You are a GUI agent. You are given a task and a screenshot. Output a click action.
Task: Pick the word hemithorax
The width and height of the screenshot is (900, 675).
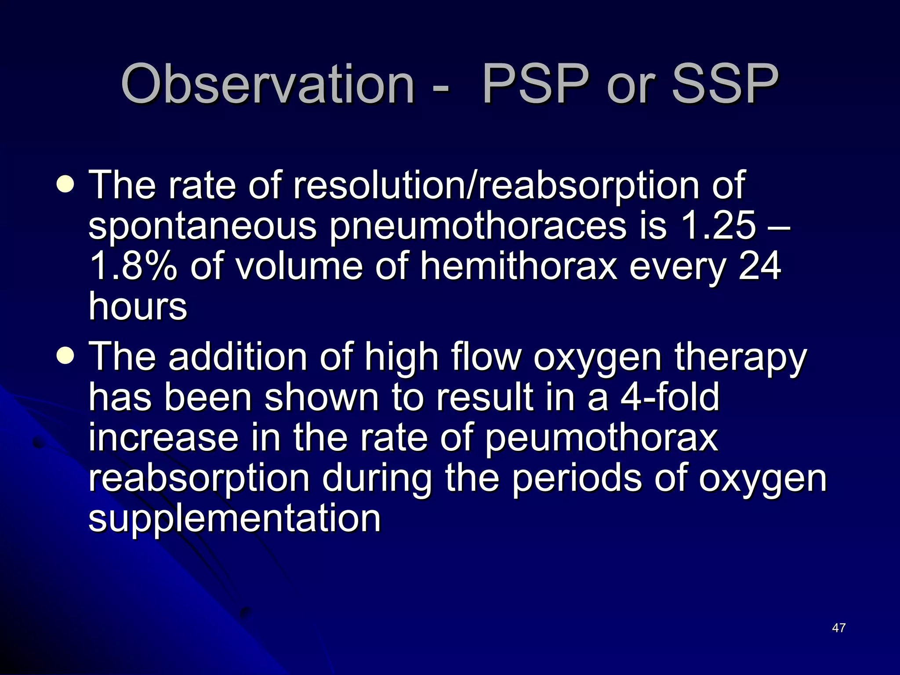[519, 267]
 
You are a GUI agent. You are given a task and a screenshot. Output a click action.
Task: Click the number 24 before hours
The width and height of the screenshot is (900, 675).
[760, 267]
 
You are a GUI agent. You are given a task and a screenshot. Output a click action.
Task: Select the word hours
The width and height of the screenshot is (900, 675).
[138, 306]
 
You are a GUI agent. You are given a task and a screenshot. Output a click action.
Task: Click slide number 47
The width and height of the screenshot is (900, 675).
[838, 628]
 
